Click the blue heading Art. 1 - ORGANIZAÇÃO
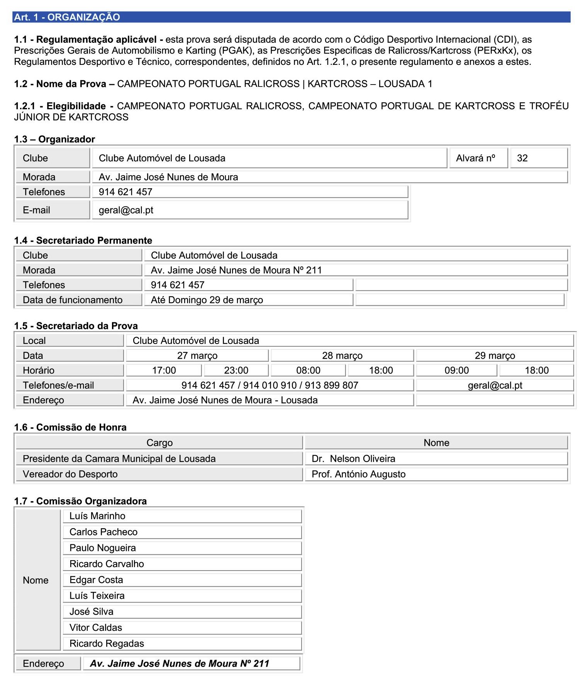67,17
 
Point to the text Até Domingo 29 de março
207,300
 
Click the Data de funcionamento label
73,300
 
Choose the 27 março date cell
197,356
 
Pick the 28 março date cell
342,356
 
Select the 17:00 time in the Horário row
164,370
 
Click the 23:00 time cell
236,370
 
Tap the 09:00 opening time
457,370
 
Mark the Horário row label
39,370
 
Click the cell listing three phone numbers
270,385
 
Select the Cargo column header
159,443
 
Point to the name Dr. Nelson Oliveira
353,459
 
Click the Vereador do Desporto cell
70,474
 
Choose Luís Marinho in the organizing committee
97,516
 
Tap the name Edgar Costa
96,580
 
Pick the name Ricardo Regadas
107,644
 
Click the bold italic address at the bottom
180,664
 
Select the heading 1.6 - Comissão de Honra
70,427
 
